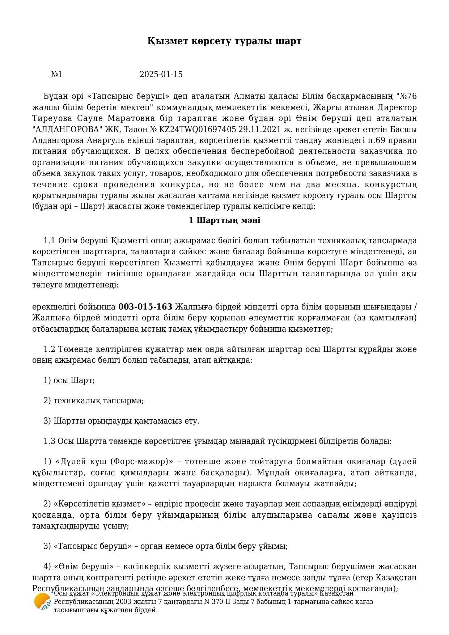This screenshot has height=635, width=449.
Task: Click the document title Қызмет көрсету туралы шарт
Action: (x=224, y=41)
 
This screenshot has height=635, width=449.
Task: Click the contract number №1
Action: (x=56, y=75)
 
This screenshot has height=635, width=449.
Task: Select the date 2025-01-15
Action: (x=161, y=75)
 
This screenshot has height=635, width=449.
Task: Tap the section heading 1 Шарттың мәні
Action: (x=224, y=220)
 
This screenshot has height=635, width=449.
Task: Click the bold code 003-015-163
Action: (x=145, y=307)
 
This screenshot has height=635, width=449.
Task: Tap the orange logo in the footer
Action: (x=42, y=602)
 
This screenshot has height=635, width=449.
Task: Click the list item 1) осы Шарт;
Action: (x=69, y=380)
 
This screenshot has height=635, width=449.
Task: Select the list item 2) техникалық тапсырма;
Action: (x=94, y=400)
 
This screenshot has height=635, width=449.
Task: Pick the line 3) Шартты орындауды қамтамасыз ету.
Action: (x=122, y=421)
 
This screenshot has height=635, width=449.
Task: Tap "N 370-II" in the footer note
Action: (x=216, y=602)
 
